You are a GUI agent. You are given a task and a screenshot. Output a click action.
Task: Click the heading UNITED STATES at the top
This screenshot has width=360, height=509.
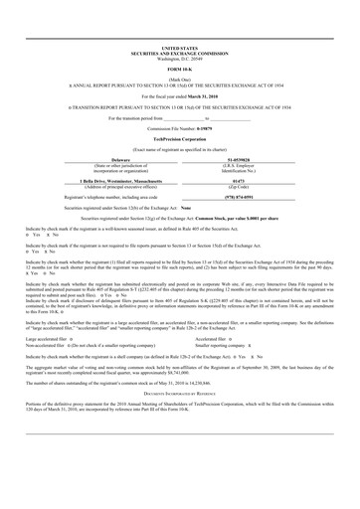pos(179,48)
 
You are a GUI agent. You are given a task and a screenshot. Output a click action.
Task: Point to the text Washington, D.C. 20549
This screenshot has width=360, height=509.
pos(179,58)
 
